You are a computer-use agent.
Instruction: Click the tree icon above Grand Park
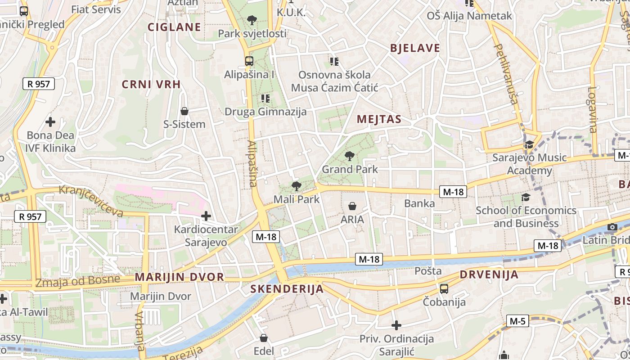point(349,156)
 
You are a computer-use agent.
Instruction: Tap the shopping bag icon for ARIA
point(352,206)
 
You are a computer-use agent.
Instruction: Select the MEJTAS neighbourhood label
point(379,119)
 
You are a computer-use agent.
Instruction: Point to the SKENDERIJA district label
point(287,289)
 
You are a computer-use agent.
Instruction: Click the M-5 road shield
point(517,321)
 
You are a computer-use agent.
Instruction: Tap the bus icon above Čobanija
point(444,288)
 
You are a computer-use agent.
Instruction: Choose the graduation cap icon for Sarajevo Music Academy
point(529,145)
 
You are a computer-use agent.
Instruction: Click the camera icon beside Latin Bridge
point(612,227)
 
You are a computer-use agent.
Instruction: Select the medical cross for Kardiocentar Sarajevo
point(206,216)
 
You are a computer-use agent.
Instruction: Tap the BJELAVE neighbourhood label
point(415,48)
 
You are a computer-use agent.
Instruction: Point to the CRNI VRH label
point(151,84)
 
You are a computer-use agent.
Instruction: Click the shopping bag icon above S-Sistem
point(184,111)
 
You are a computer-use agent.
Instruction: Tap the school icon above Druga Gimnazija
point(265,98)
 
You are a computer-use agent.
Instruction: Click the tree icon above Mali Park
point(296,186)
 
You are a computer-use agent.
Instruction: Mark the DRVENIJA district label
point(489,274)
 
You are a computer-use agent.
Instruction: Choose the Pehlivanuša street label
point(506,74)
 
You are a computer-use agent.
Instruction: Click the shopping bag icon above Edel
point(264,337)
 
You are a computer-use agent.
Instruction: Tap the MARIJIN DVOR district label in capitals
point(180,277)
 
